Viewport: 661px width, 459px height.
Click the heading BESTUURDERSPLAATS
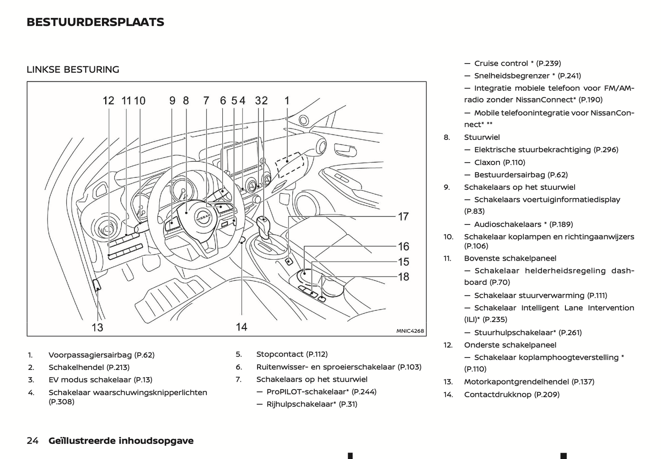coord(95,22)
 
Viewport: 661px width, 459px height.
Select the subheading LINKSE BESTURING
coord(73,69)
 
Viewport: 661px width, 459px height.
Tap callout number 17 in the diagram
coord(403,216)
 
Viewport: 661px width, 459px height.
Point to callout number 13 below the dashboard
coord(97,327)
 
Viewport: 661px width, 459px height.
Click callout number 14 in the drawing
coord(242,327)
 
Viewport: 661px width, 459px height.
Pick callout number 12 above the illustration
coord(108,101)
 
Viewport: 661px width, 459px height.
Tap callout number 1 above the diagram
coord(287,101)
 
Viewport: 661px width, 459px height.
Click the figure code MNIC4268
coord(410,331)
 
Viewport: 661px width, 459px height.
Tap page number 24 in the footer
coord(32,441)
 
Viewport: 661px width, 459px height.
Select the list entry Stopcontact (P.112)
coord(292,354)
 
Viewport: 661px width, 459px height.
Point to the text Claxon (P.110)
coord(500,162)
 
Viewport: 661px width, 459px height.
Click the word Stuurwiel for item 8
coord(482,137)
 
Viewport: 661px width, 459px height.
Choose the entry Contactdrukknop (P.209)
coord(511,395)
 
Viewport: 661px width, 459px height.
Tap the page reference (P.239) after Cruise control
coord(548,63)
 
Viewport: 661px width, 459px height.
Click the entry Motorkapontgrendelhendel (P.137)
coord(529,382)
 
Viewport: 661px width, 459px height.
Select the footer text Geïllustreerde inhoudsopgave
coord(121,441)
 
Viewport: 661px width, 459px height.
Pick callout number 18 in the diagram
coord(403,277)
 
